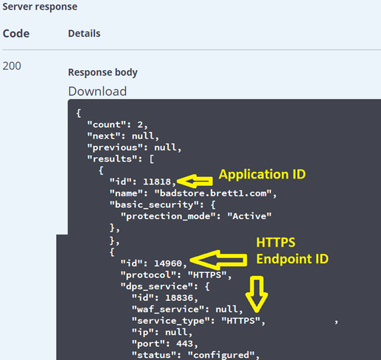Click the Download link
point(97,91)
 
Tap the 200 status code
point(12,66)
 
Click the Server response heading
point(40,7)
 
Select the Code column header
point(16,33)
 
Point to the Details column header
point(84,33)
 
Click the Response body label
point(102,72)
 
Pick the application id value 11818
point(157,181)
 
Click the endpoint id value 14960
point(168,263)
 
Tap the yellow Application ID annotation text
point(262,174)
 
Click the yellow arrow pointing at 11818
point(195,181)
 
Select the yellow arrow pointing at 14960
point(218,260)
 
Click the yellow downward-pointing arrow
point(256,294)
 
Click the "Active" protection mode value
point(249,216)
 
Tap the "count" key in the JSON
point(107,125)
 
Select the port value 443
point(184,344)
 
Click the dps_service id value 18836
point(179,298)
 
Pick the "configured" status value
point(221,355)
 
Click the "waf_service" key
point(168,309)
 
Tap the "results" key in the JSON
point(112,159)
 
